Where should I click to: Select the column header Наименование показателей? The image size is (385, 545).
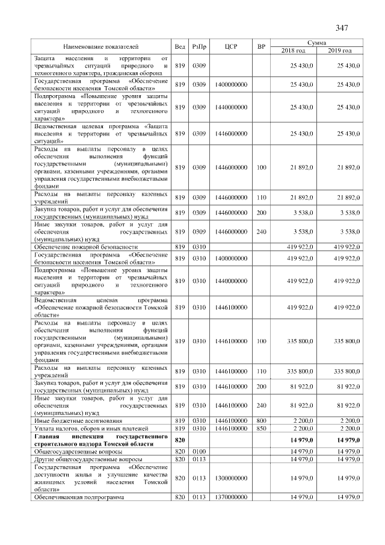(x=101, y=46)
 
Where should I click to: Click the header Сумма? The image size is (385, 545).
(x=316, y=43)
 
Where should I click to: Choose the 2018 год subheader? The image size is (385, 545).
(x=294, y=50)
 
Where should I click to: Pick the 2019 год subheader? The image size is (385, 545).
(x=340, y=50)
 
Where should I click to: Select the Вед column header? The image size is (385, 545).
(x=179, y=46)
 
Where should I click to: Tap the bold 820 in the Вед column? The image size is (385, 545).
(x=179, y=439)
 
